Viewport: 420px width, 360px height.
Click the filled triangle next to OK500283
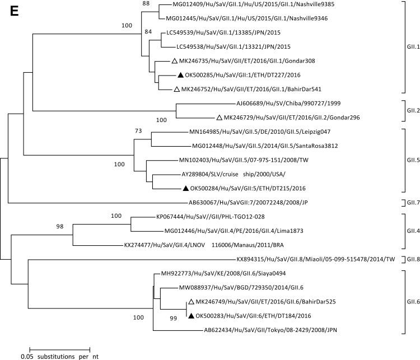pos(192,316)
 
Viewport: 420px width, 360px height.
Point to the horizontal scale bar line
pos(59,346)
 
